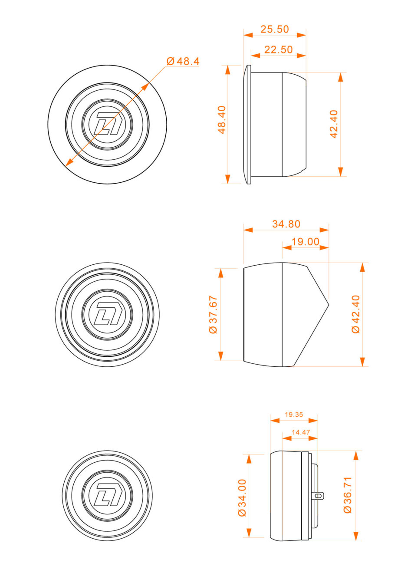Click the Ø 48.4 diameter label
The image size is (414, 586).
183,61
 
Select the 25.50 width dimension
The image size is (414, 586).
274,29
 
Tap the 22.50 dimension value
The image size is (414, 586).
278,49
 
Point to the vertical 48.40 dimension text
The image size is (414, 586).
222,119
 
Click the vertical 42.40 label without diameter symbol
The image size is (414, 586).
334,124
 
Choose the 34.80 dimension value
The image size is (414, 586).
286,224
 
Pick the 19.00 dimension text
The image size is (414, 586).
305,242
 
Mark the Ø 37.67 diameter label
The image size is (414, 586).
213,314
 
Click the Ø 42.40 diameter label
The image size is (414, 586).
356,314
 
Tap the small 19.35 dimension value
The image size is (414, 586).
294,415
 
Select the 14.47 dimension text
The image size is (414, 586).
301,432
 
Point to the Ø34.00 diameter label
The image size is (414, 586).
242,497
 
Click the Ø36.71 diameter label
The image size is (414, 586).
348,495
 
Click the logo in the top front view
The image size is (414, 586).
107,124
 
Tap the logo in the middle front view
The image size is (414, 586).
107,314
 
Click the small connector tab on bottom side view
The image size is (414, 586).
319,495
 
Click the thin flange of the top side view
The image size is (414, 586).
249,125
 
